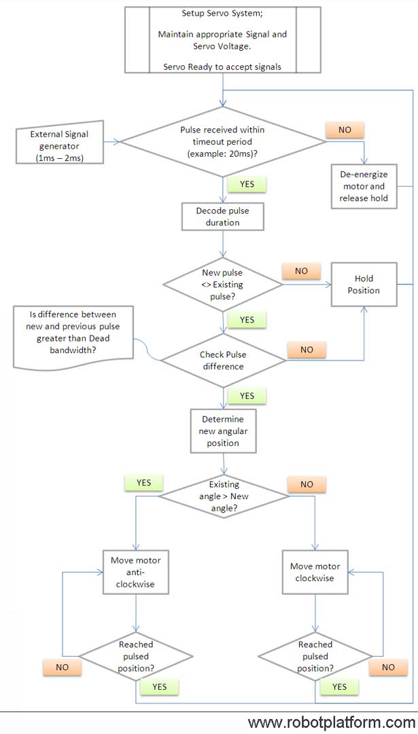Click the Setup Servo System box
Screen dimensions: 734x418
tap(223, 40)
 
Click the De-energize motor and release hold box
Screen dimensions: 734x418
tap(364, 186)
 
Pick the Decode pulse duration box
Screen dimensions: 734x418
tap(222, 217)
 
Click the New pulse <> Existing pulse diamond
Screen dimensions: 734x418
tap(222, 285)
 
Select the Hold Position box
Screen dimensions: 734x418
tap(364, 285)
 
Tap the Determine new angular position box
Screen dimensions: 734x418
tap(223, 430)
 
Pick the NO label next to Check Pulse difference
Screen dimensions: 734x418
tap(307, 349)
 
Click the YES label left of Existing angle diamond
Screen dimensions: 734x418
tap(143, 483)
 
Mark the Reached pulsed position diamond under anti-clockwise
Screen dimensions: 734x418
tap(136, 657)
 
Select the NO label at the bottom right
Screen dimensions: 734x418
tap(388, 667)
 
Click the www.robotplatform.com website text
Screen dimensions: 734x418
tap(332, 721)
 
